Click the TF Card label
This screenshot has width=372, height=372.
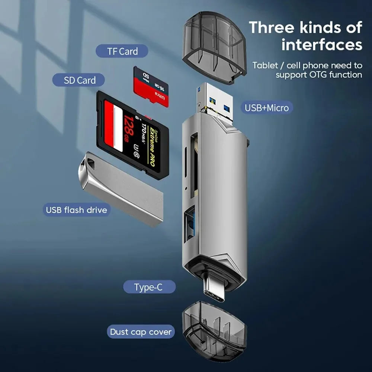(x=122, y=51)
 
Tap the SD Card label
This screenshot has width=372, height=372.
(x=79, y=80)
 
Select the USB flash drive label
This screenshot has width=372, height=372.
(x=76, y=210)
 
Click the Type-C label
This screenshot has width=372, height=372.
(x=148, y=287)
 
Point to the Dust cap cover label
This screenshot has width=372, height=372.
(x=141, y=332)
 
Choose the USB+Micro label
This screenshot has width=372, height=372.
(x=266, y=108)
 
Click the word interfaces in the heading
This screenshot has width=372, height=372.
(x=321, y=45)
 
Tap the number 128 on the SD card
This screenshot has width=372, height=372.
(x=128, y=126)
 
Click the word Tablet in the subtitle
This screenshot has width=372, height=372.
(x=265, y=65)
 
